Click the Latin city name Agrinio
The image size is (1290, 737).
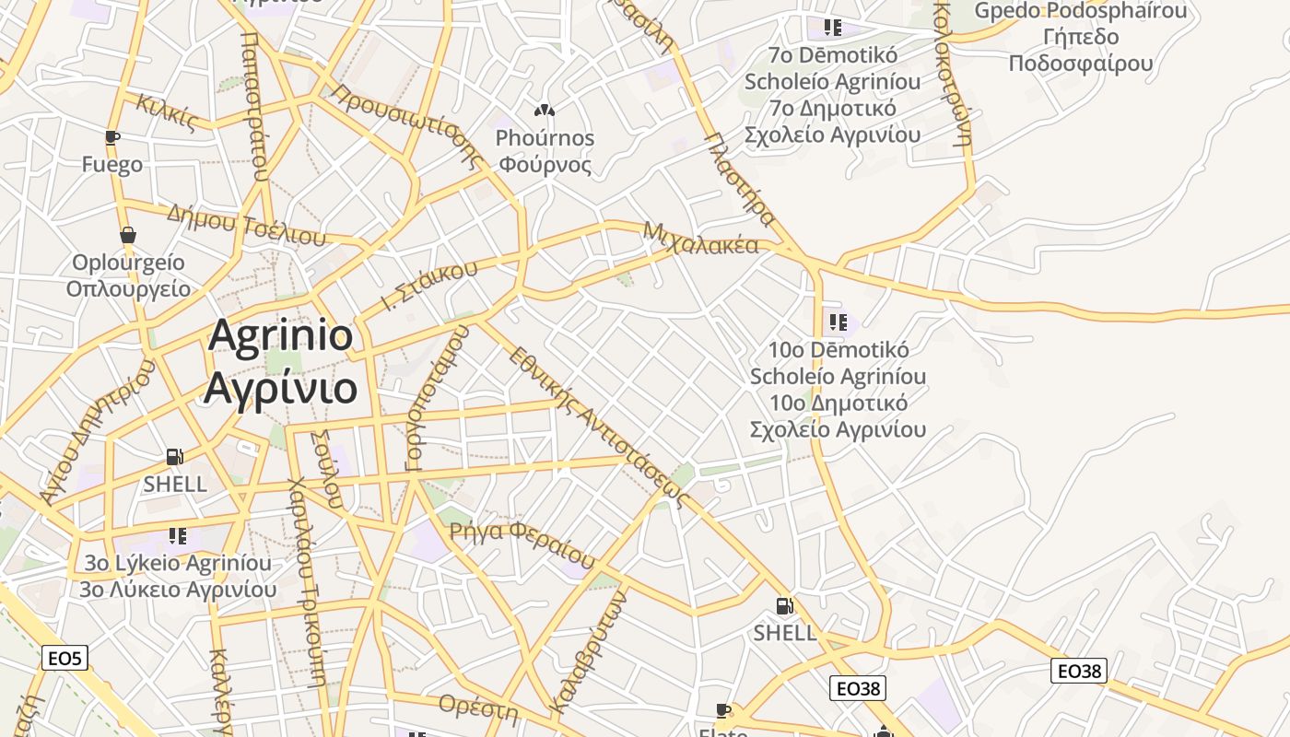click(280, 335)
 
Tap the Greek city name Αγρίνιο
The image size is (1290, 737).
click(280, 387)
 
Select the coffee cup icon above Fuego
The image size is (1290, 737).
click(112, 138)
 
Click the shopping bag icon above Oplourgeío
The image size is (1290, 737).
click(128, 235)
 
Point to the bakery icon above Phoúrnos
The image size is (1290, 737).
click(544, 111)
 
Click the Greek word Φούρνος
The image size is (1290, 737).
click(544, 165)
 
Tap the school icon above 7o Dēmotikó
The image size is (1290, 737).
click(833, 28)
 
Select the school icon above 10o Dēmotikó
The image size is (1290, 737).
click(838, 322)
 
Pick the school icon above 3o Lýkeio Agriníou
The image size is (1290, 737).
click(178, 535)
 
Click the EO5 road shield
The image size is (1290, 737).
click(65, 658)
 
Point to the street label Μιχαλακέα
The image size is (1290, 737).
click(700, 238)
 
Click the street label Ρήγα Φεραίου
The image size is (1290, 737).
click(522, 543)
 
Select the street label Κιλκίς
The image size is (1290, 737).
click(167, 111)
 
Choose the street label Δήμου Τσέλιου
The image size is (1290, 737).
click(246, 225)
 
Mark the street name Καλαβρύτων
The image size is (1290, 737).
click(589, 652)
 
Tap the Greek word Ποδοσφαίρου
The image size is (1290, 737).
click(1081, 64)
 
